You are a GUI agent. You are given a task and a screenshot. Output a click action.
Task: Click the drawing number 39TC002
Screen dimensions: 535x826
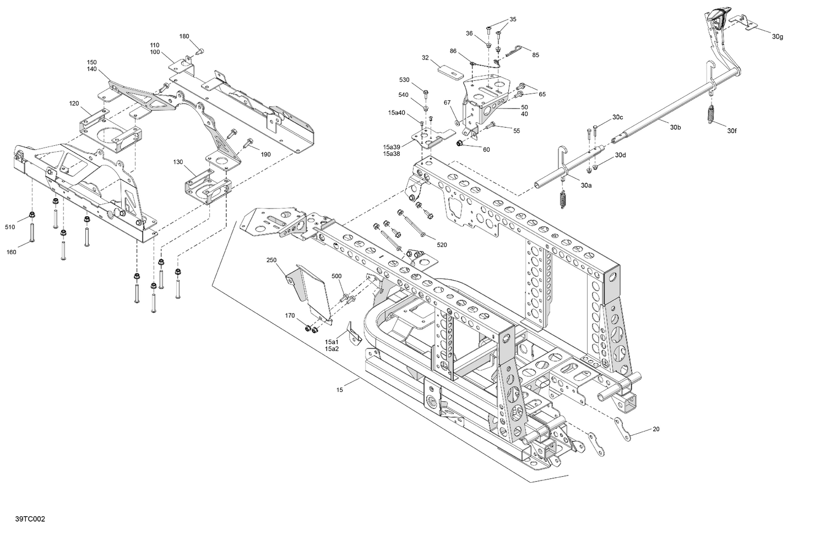31,519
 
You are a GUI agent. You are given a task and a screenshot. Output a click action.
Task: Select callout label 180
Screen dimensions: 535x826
184,36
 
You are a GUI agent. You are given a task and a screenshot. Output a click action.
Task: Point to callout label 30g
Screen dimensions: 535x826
777,37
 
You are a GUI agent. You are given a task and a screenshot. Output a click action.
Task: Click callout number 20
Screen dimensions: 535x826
655,429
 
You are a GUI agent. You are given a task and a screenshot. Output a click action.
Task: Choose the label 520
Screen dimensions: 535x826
442,244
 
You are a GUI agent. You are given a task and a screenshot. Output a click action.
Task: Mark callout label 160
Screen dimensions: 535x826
11,252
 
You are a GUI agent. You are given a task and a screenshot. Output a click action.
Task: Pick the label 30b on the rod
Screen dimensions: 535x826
676,128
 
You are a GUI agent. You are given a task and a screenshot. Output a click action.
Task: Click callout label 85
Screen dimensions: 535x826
535,55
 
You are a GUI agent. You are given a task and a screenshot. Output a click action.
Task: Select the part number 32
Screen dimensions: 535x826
426,57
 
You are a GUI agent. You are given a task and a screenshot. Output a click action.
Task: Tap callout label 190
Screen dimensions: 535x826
266,155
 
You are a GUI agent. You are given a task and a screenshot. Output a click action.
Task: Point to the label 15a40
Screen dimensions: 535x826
396,113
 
